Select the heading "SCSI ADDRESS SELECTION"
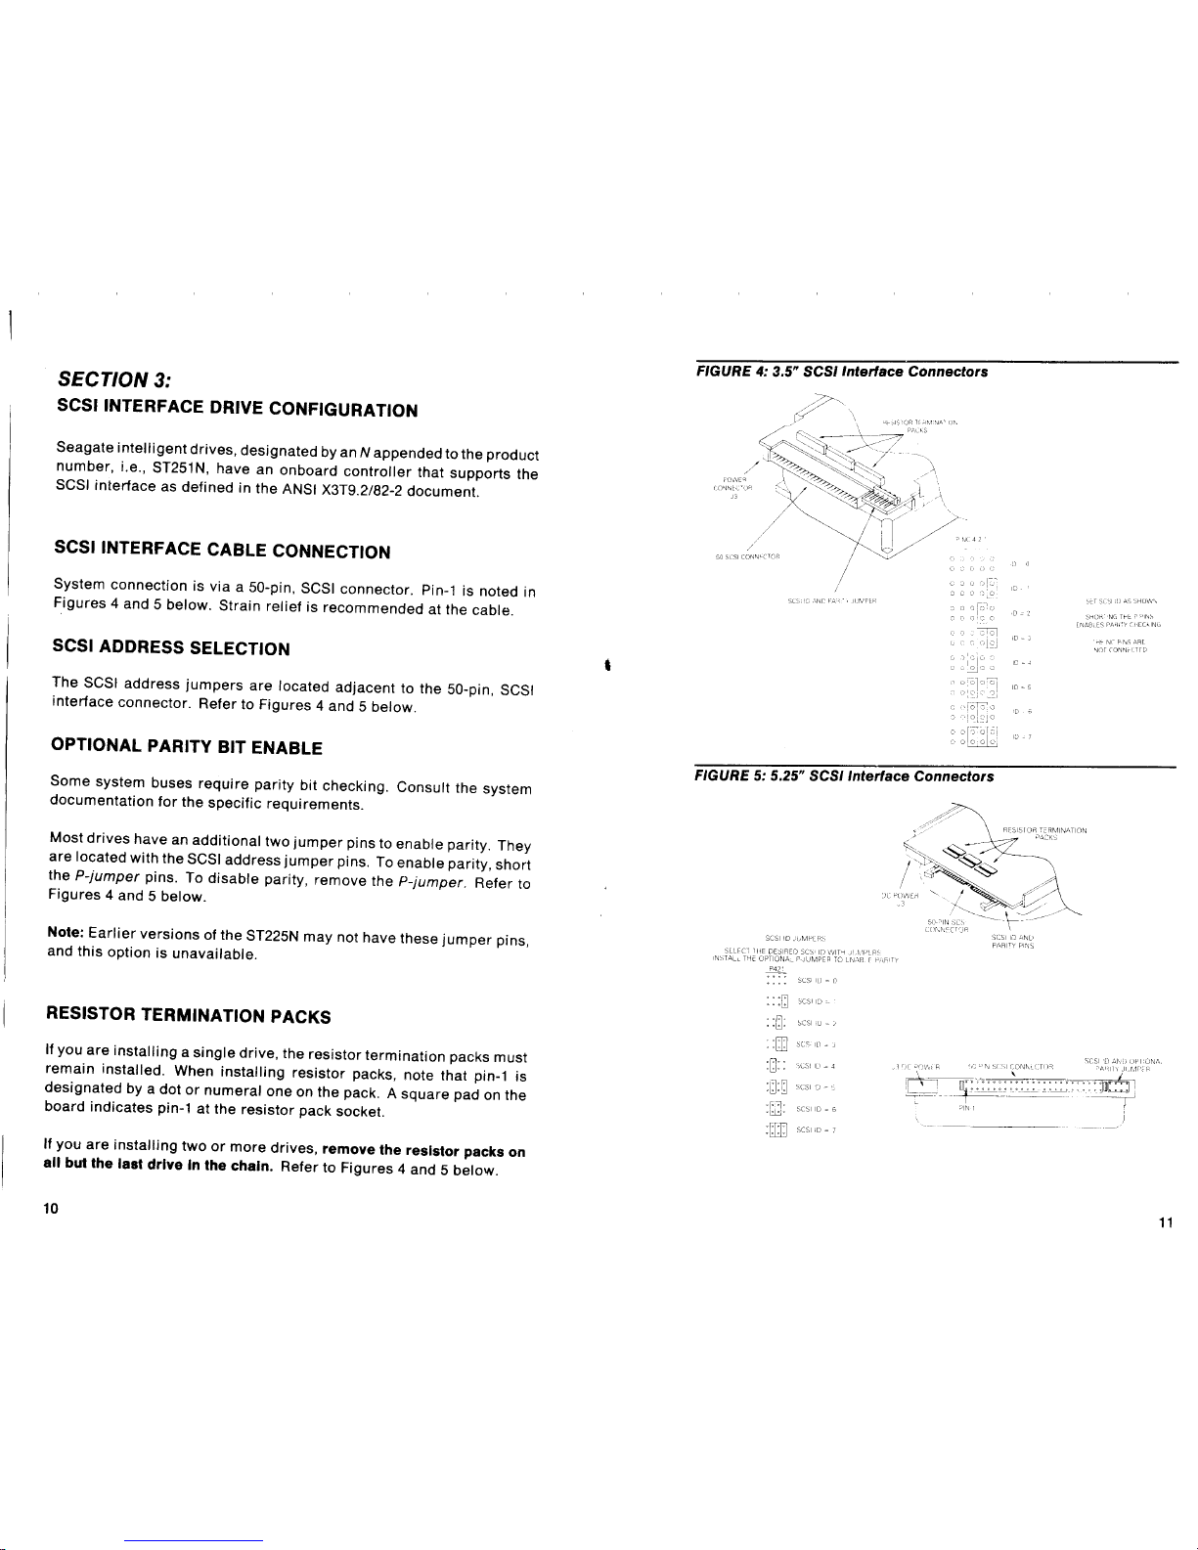pos(171,648)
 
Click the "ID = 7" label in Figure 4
pos(1023,736)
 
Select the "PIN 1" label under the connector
pos(966,1109)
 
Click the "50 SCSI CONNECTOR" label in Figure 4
pos(746,557)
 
